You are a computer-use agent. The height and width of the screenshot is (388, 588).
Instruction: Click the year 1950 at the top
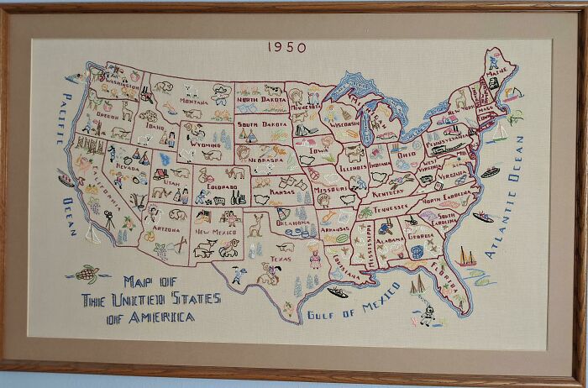click(x=287, y=48)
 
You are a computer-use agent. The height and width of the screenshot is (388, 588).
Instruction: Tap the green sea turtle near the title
click(x=87, y=274)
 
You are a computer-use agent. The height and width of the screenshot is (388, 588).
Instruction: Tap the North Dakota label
click(x=260, y=100)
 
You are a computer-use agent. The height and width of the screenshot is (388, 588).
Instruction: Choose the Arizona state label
click(x=165, y=228)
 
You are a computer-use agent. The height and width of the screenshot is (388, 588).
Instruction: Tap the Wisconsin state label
click(x=344, y=123)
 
